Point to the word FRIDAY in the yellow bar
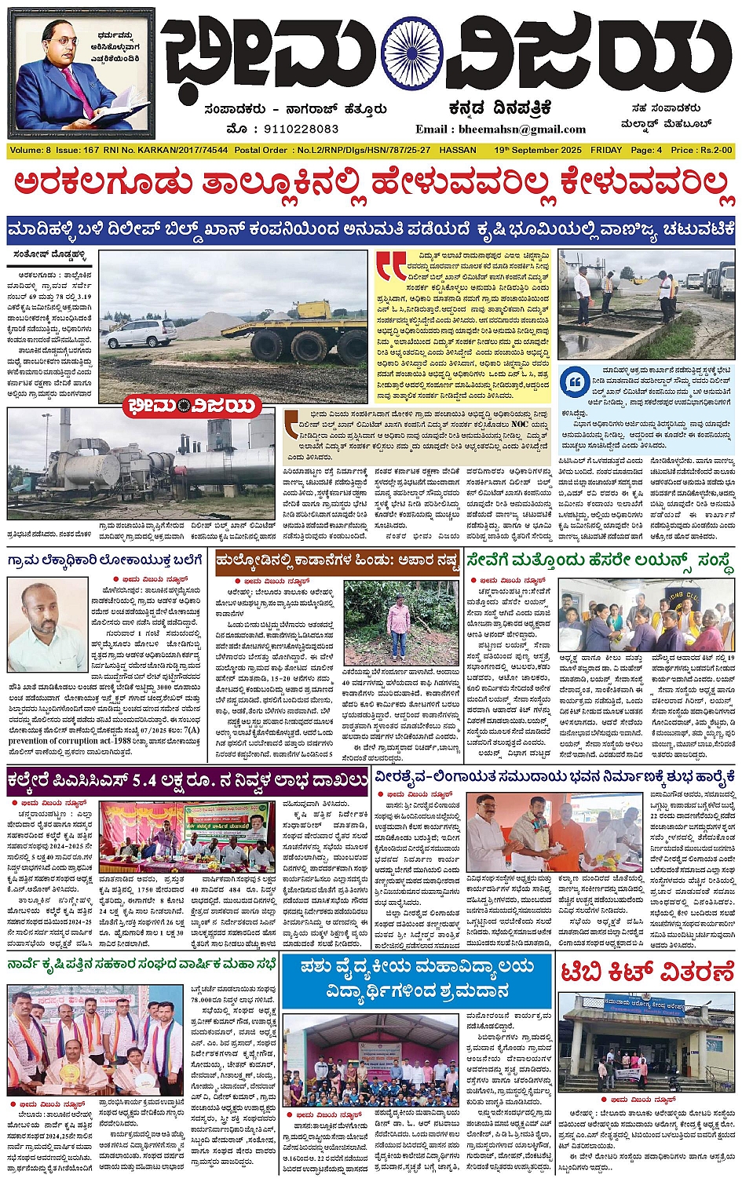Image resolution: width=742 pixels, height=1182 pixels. point(606,150)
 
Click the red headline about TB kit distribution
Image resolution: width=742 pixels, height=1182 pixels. point(645,972)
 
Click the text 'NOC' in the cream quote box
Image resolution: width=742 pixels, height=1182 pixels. point(520,425)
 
